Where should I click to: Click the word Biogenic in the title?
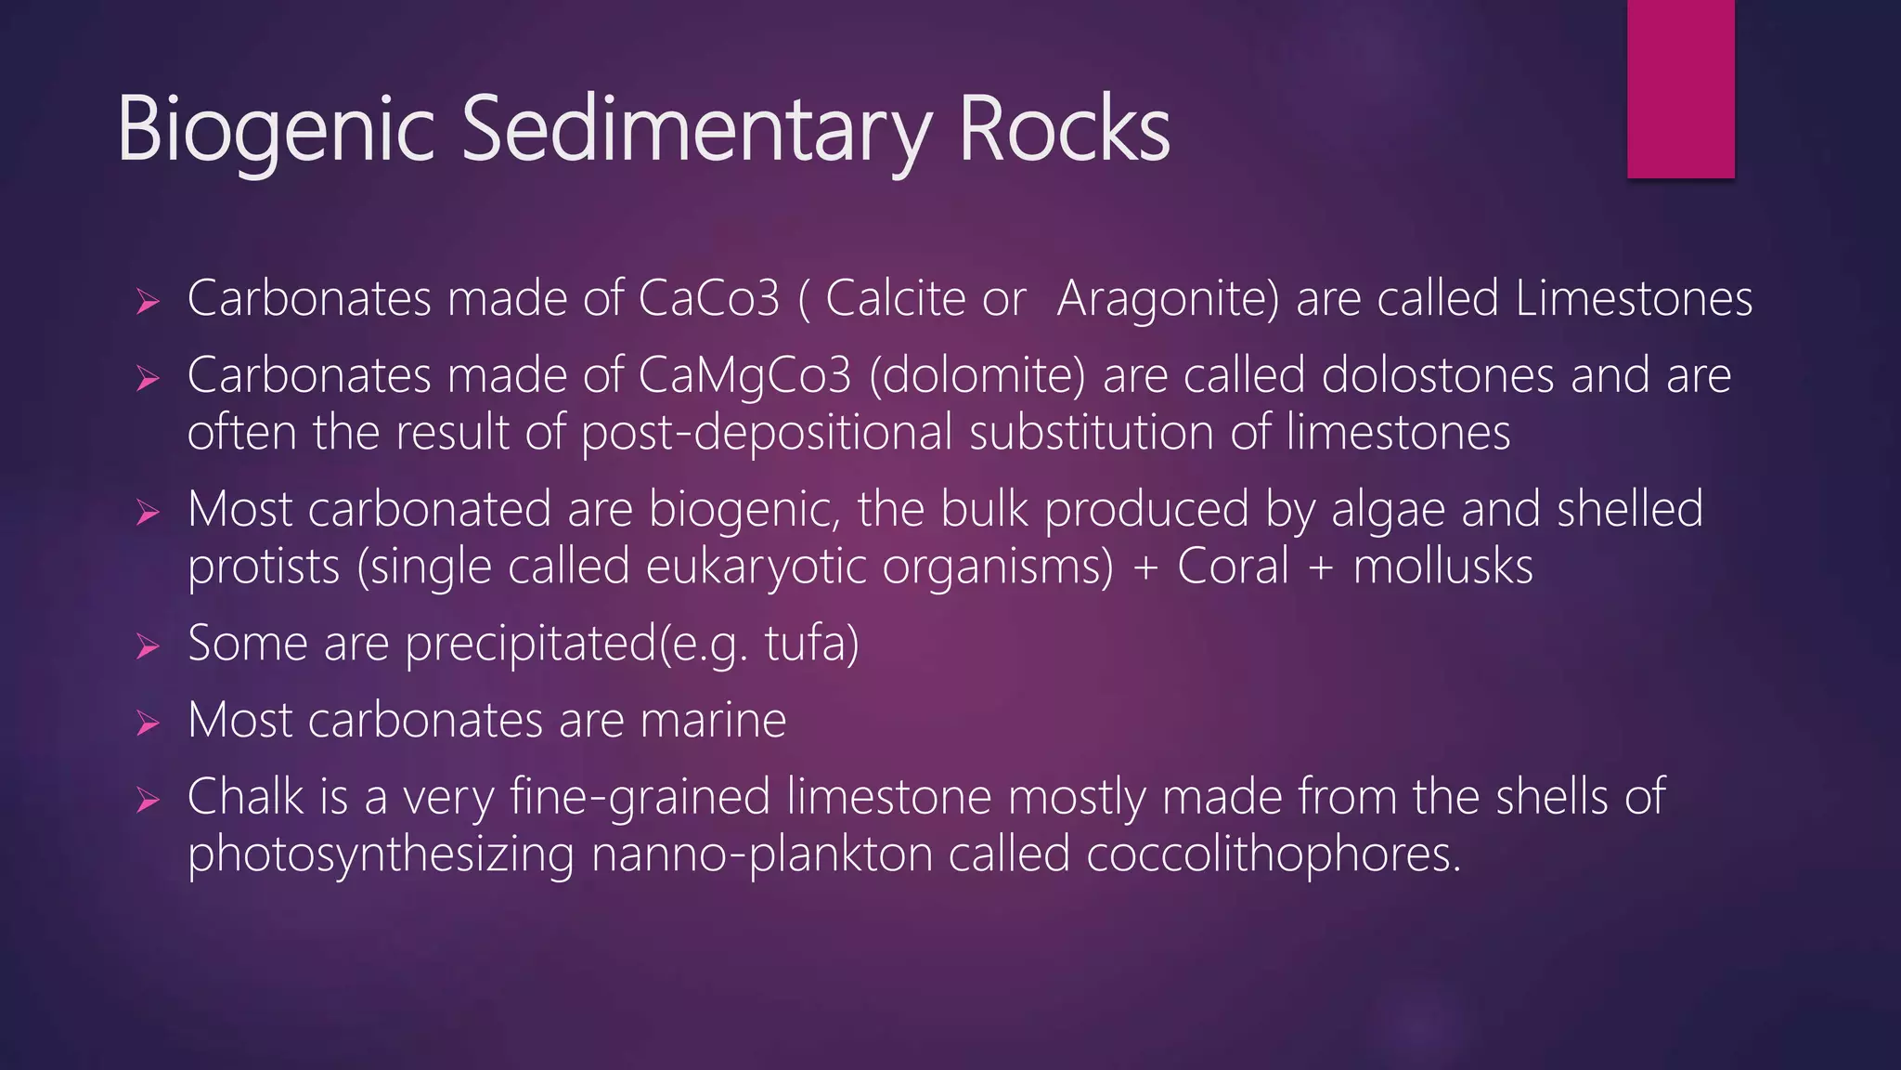tap(276, 130)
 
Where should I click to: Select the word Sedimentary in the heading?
tap(696, 130)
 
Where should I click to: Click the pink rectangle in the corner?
tap(1680, 88)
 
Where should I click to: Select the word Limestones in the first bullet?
tap(1634, 299)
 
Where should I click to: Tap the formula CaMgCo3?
tap(744, 376)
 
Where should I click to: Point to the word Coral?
tap(1234, 566)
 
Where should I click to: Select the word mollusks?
tap(1442, 566)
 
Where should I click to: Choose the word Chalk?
tap(245, 797)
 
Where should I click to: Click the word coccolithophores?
tap(1274, 855)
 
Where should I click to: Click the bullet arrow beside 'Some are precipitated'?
tap(148, 646)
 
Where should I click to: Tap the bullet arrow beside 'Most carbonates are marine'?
tap(148, 723)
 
